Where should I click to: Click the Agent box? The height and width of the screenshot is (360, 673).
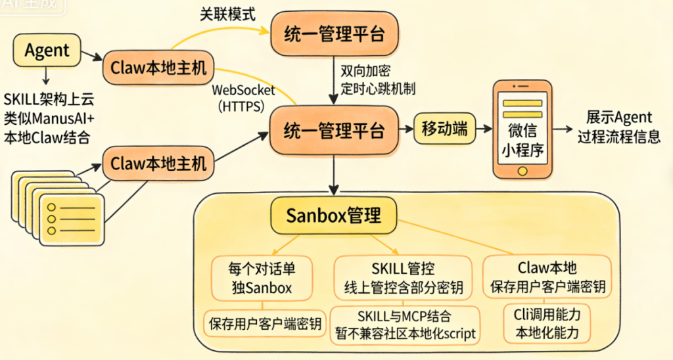(47, 50)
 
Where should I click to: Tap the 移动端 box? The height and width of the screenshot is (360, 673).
(444, 129)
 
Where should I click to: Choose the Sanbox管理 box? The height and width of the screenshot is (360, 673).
(334, 215)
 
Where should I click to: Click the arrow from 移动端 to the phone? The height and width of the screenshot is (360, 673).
(485, 129)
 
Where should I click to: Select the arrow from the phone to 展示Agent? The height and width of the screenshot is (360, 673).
(562, 129)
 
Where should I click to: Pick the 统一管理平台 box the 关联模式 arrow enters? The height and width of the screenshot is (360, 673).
(334, 34)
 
